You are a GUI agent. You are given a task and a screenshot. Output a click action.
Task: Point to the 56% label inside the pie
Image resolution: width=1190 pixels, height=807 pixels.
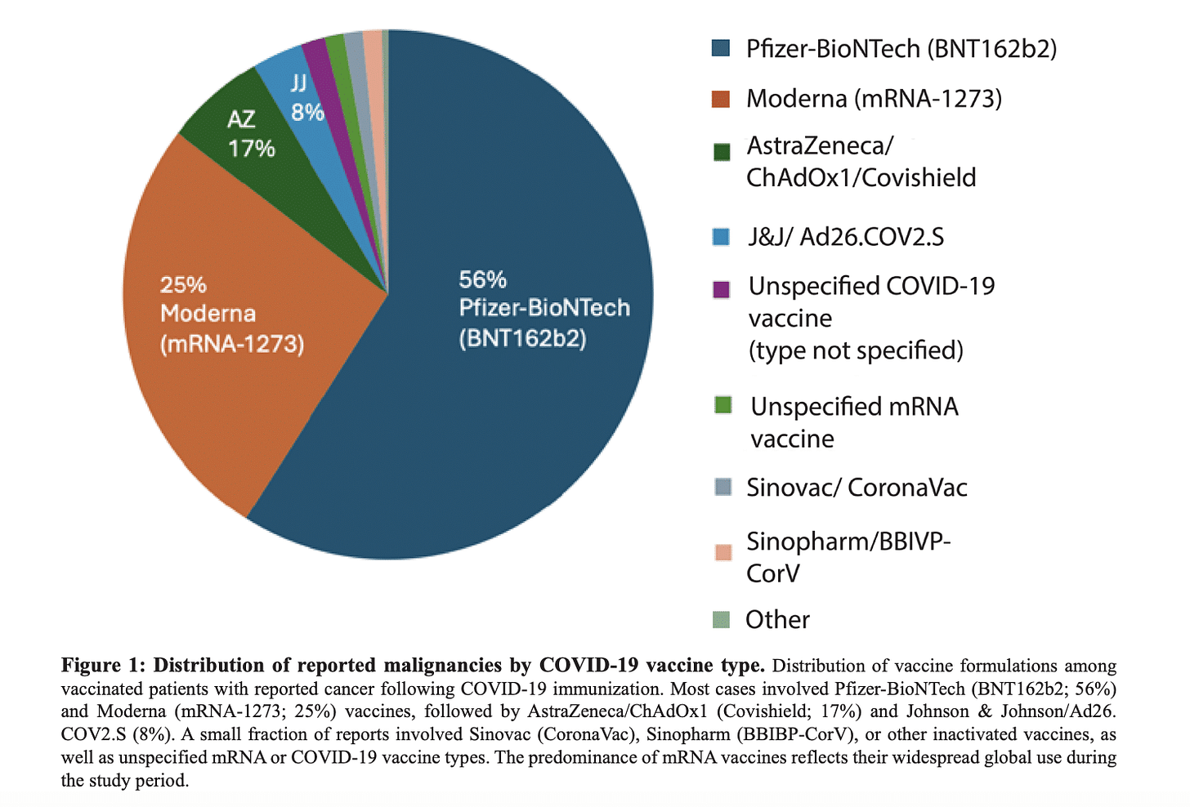(x=482, y=280)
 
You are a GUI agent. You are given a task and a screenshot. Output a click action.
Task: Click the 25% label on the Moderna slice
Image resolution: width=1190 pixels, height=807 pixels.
(x=183, y=285)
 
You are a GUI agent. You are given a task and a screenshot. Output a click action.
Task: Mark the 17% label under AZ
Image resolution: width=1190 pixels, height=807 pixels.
(x=251, y=149)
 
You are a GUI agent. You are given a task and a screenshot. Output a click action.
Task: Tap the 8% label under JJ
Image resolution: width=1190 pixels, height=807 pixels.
(x=307, y=113)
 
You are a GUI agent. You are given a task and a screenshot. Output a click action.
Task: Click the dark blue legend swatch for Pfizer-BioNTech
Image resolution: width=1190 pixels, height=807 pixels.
(x=721, y=48)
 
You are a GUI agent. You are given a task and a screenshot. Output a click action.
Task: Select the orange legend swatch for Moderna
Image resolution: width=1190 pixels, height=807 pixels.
(x=721, y=99)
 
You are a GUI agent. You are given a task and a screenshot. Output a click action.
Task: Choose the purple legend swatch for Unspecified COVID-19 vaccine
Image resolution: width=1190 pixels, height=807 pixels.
(x=721, y=289)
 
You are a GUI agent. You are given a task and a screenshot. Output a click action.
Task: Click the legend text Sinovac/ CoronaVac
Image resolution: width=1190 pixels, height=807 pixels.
(x=856, y=488)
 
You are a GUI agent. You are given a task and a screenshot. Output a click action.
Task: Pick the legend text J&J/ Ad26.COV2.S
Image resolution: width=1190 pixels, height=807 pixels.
(x=845, y=237)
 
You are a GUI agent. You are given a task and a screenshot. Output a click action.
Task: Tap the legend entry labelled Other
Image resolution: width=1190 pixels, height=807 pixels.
(x=776, y=619)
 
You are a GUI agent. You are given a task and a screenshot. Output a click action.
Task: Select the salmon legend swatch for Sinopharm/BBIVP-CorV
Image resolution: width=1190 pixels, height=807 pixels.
(x=722, y=552)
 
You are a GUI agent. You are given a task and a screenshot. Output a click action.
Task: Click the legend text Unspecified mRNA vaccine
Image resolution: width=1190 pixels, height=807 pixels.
(x=853, y=422)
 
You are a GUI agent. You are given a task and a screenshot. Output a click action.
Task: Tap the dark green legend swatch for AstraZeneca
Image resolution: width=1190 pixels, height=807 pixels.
(x=721, y=152)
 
